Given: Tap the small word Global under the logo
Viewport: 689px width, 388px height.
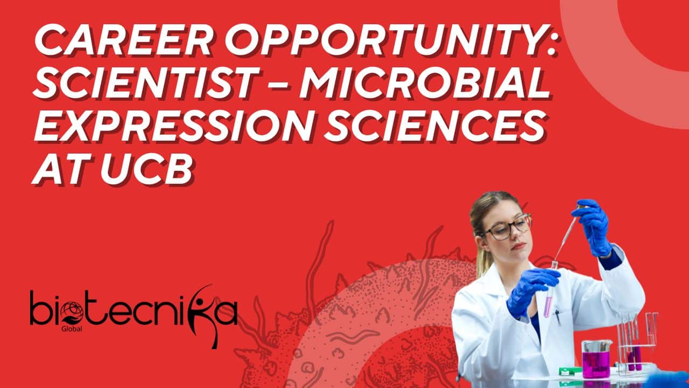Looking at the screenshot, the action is [72, 329].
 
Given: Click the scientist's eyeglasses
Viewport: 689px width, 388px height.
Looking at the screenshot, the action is [509, 227].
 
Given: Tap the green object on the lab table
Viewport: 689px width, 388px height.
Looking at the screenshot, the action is [568, 371].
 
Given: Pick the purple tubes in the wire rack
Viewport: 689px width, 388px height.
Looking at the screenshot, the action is [634, 357].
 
